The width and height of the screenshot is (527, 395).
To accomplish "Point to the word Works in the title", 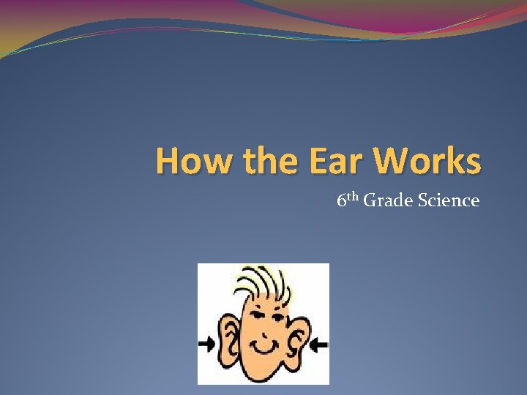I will coord(426,161).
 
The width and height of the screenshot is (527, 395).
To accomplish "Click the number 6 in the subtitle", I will coord(341,200).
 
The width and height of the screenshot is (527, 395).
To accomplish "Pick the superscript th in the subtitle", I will coord(353,196).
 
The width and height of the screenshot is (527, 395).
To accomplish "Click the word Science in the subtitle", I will coord(448,200).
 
